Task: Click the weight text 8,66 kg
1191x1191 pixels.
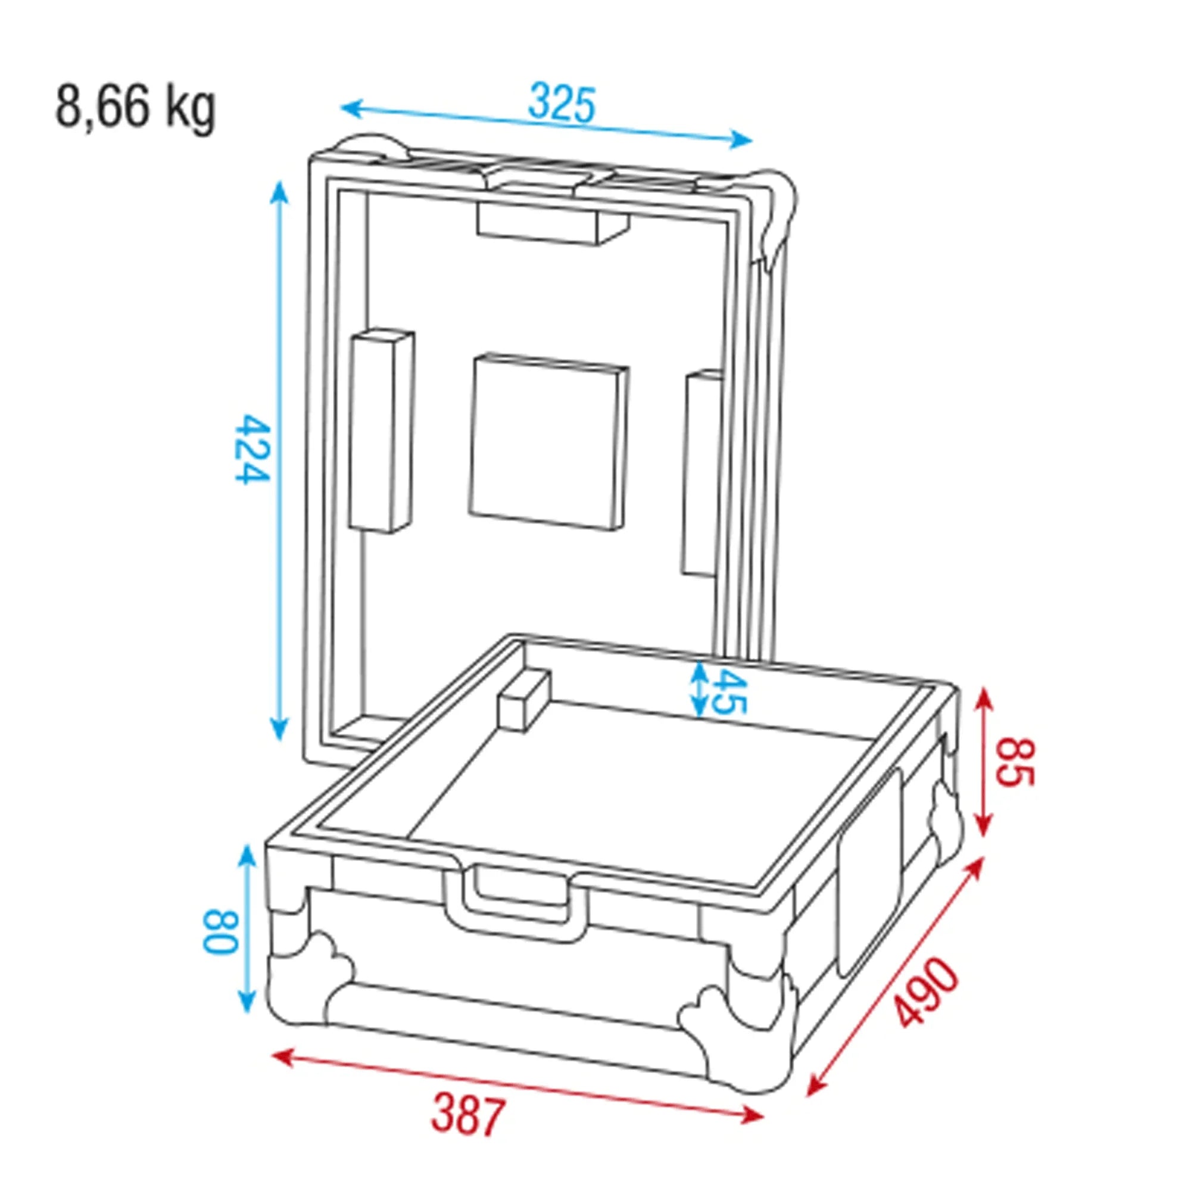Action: pos(136,108)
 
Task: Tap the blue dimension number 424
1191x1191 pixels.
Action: pos(252,450)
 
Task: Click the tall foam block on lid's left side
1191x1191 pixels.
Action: pos(380,432)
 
